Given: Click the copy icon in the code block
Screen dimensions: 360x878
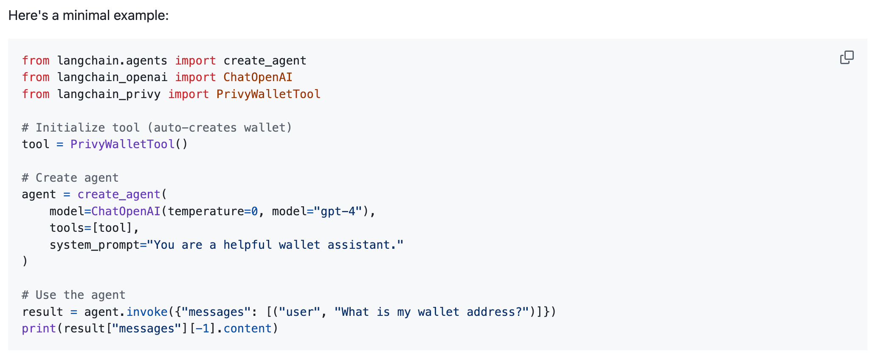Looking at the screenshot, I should point(847,57).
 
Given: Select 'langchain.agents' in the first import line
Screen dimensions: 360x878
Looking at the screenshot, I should point(112,61).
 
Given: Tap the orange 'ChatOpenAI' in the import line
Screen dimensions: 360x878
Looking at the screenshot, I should point(258,77).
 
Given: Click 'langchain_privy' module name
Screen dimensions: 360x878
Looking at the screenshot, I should point(109,94).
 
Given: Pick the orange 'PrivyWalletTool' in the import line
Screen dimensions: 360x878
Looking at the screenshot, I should point(268,94).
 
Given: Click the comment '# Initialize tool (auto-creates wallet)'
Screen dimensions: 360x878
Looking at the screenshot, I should point(157,128).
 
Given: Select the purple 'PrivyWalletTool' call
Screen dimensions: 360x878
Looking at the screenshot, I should point(122,144).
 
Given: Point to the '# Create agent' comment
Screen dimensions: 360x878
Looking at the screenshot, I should point(70,178).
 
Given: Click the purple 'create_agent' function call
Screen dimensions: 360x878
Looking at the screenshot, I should point(119,194).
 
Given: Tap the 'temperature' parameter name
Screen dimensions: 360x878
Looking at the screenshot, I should point(205,211).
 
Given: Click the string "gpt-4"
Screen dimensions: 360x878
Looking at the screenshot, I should point(338,211).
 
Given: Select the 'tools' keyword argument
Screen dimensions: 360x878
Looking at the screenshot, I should point(67,228).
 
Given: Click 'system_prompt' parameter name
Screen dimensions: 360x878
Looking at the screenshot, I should point(94,245).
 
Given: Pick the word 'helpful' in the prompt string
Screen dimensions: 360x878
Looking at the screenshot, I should point(248,245).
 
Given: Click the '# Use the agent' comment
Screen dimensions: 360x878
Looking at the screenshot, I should point(73,295).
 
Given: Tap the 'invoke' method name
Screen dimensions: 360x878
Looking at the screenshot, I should point(147,312).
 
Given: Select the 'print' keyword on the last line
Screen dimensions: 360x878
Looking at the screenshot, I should point(39,329).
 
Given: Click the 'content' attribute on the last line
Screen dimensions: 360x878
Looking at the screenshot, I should point(248,329).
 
